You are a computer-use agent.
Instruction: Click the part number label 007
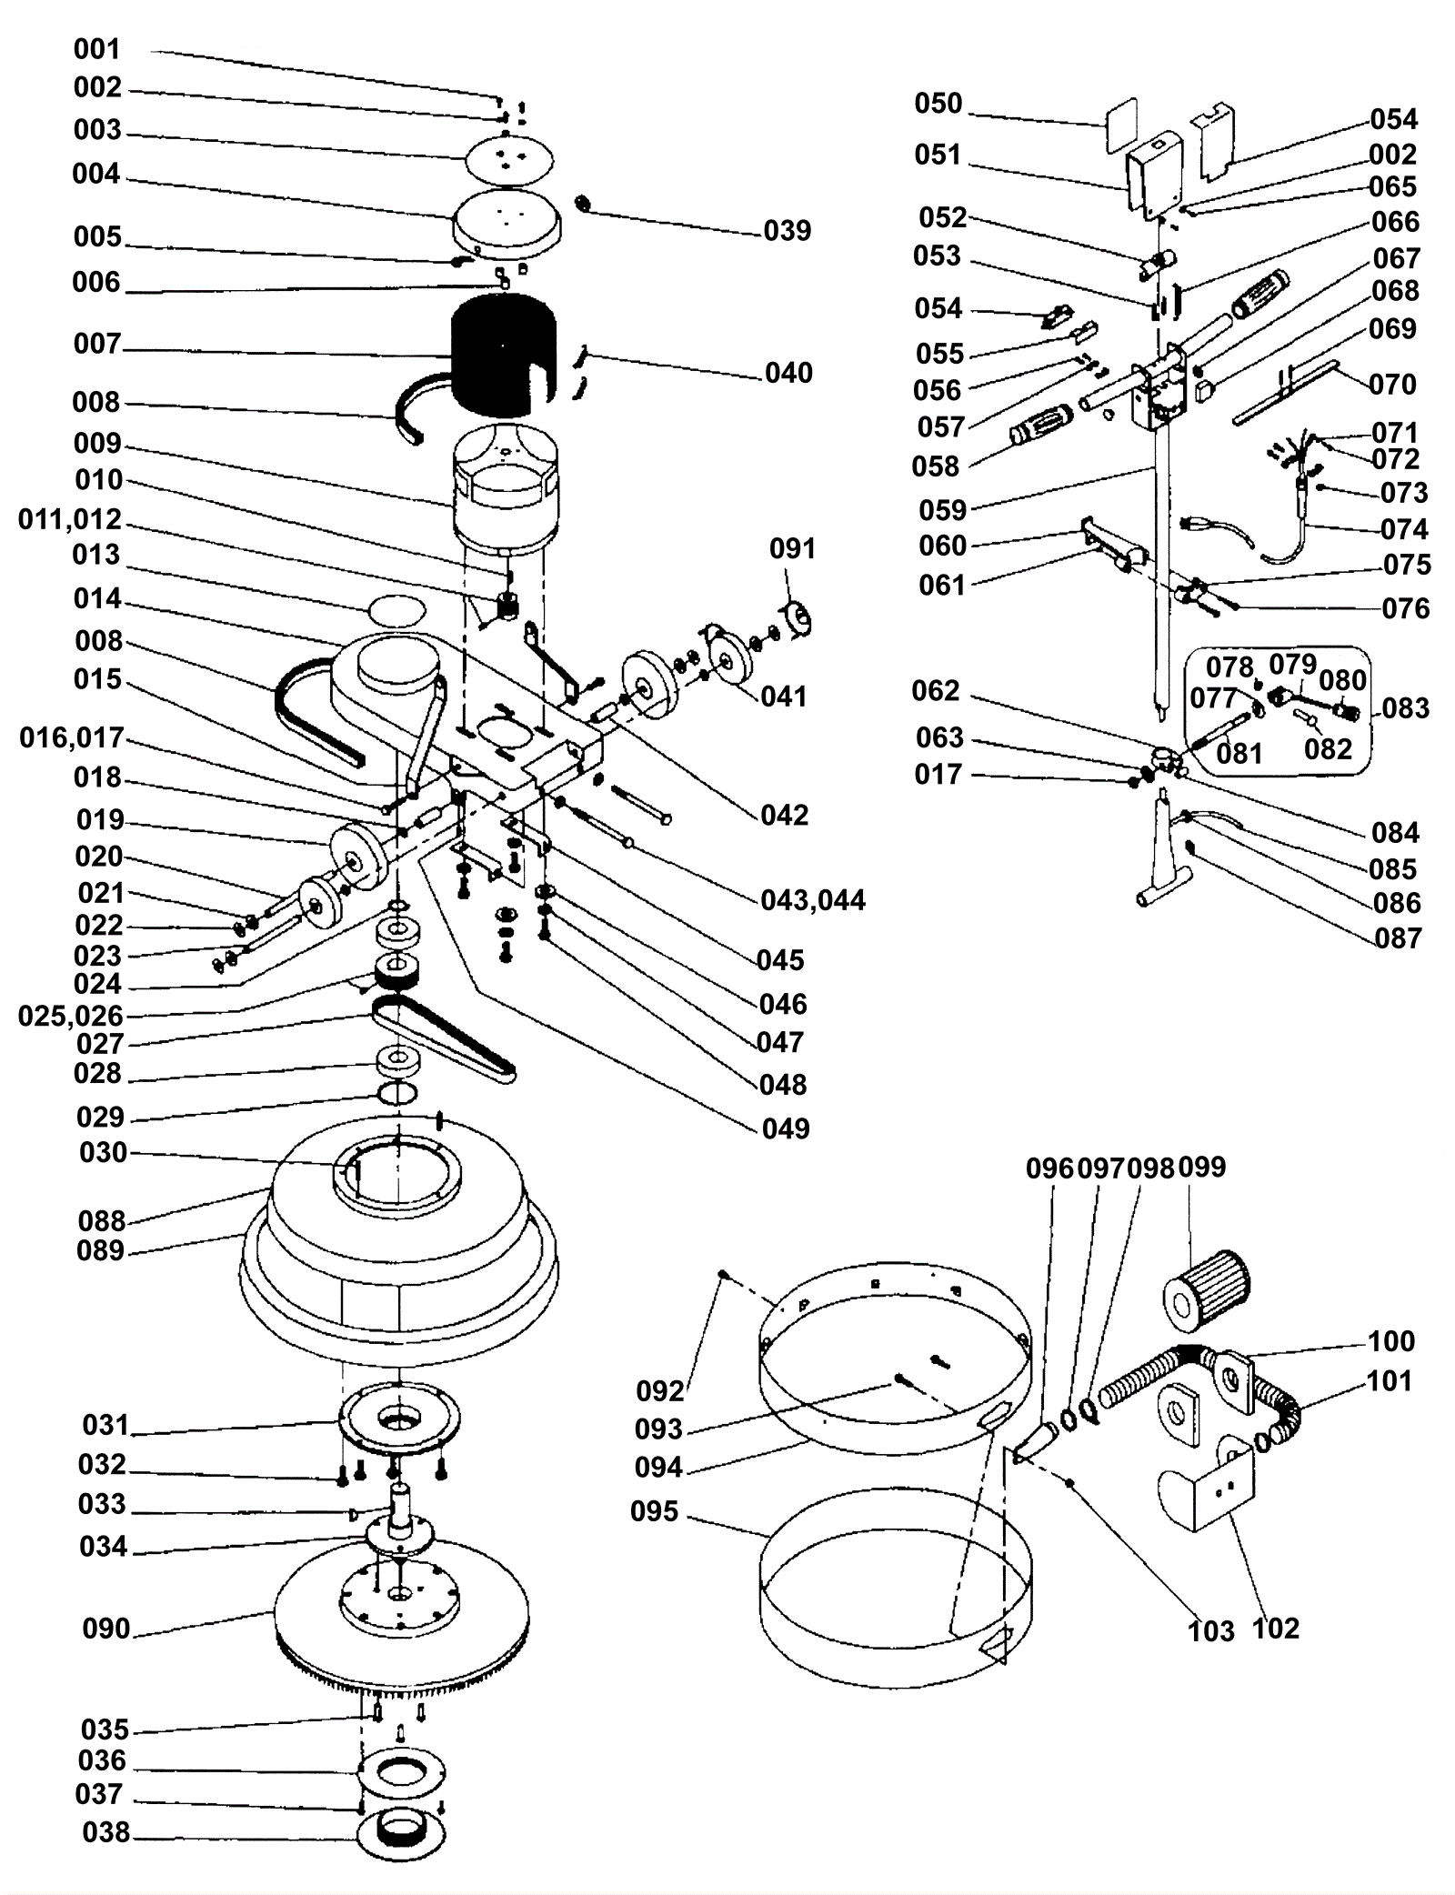click(x=96, y=344)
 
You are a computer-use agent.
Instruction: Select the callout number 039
click(x=788, y=231)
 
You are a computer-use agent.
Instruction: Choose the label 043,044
click(x=813, y=900)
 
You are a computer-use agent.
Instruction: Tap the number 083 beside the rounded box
click(x=1405, y=707)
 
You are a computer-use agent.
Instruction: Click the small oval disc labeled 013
click(x=396, y=607)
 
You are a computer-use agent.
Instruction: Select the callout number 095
click(x=655, y=1512)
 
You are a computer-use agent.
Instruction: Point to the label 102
click(x=1276, y=1628)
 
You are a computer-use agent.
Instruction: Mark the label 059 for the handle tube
click(x=942, y=510)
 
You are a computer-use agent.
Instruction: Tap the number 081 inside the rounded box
click(x=1239, y=753)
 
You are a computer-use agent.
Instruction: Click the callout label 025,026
click(x=70, y=1016)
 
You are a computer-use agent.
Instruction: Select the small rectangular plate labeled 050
click(x=1122, y=126)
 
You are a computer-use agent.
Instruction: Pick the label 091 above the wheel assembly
click(x=793, y=548)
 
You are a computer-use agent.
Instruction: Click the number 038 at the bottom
click(x=106, y=1831)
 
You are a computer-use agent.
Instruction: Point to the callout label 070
click(x=1392, y=384)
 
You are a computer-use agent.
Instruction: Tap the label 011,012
click(x=70, y=519)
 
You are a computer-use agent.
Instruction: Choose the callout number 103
click(x=1211, y=1630)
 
